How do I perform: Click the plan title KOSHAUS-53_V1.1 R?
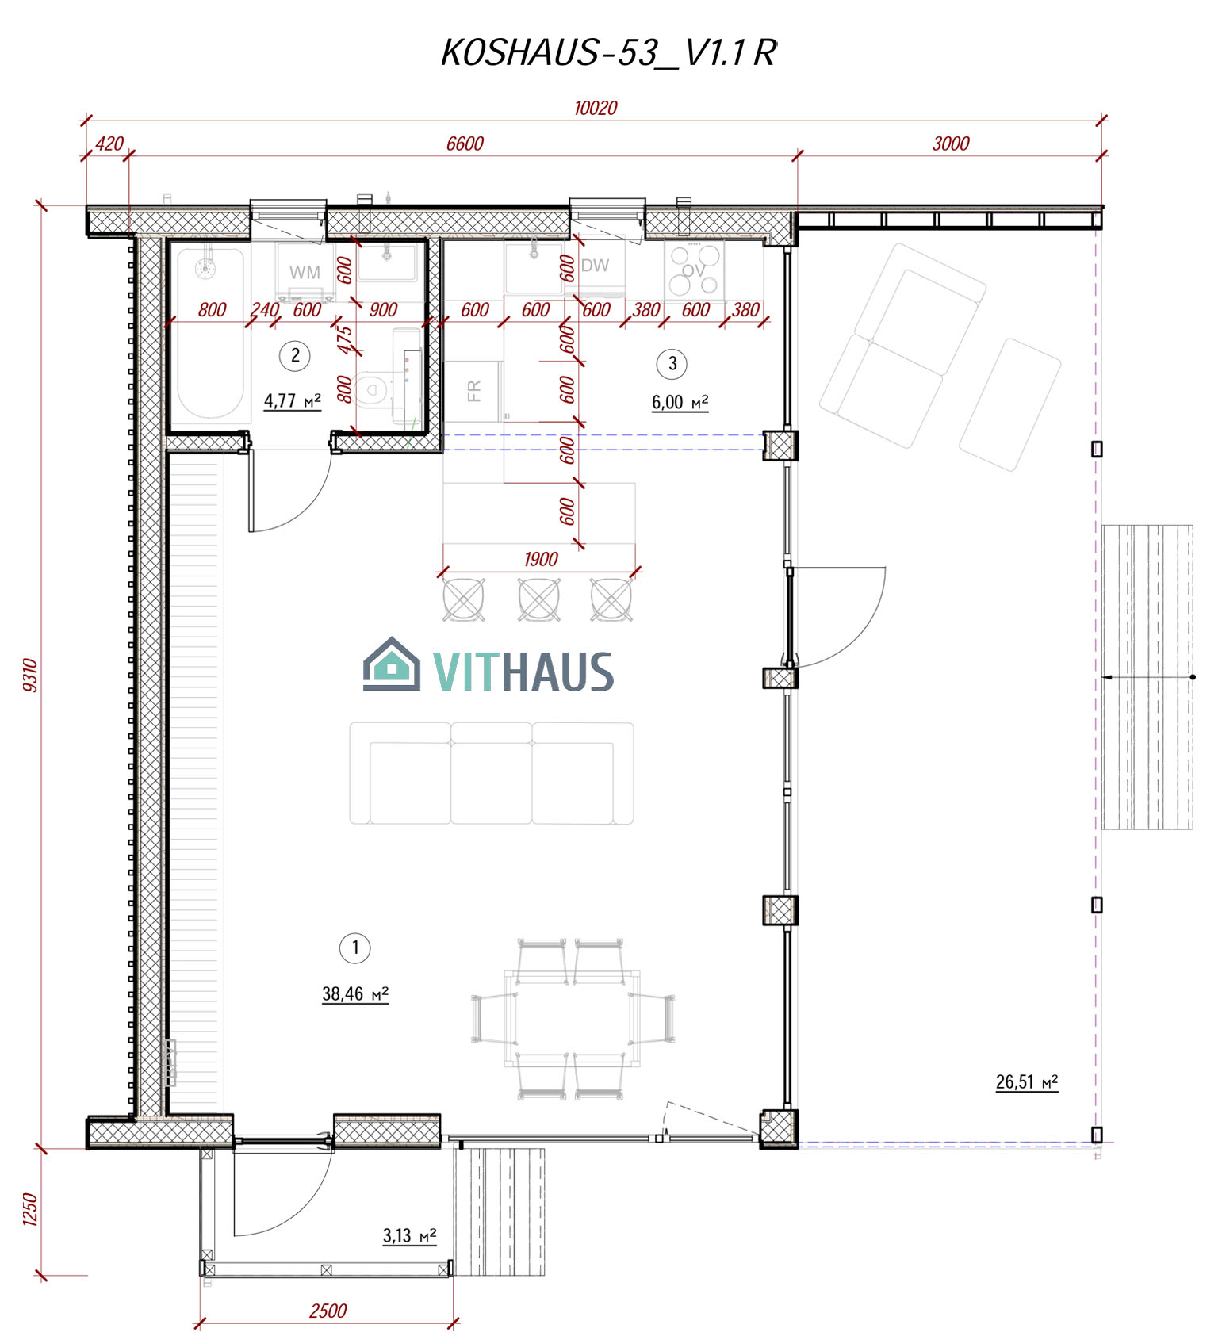pos(608,53)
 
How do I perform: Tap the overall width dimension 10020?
pos(596,108)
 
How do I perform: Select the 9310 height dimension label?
pos(30,675)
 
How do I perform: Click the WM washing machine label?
pos(305,272)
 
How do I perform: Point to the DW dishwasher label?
pos(595,266)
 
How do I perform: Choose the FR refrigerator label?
pos(474,390)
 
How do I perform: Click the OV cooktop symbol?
pos(694,270)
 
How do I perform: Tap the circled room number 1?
pos(354,947)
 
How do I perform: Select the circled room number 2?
pos(295,355)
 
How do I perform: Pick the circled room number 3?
pos(672,364)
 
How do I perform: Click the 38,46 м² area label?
pos(355,993)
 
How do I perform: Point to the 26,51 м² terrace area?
pos(1027,1082)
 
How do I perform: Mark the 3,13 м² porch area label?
pos(409,1235)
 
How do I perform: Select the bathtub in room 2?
pos(209,334)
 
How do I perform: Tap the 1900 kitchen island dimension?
pos(541,559)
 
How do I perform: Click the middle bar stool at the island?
pos(539,599)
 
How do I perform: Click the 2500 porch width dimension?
pos(328,1311)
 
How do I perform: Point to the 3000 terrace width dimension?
pos(951,144)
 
